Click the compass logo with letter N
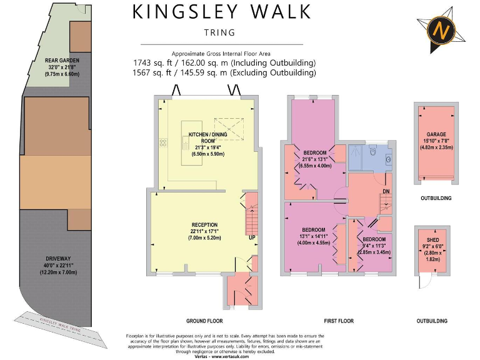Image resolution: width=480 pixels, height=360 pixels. [442, 29]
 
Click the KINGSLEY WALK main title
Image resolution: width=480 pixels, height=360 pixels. [221, 12]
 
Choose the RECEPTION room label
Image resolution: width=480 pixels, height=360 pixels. [205, 224]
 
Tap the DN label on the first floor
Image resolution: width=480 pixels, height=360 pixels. [386, 191]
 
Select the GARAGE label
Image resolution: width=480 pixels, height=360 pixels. [436, 134]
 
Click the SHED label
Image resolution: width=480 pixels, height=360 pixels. [432, 238]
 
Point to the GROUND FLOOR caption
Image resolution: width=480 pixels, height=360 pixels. [204, 321]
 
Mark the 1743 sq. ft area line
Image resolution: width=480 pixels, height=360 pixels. [224, 63]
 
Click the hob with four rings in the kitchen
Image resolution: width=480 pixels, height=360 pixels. [164, 142]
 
